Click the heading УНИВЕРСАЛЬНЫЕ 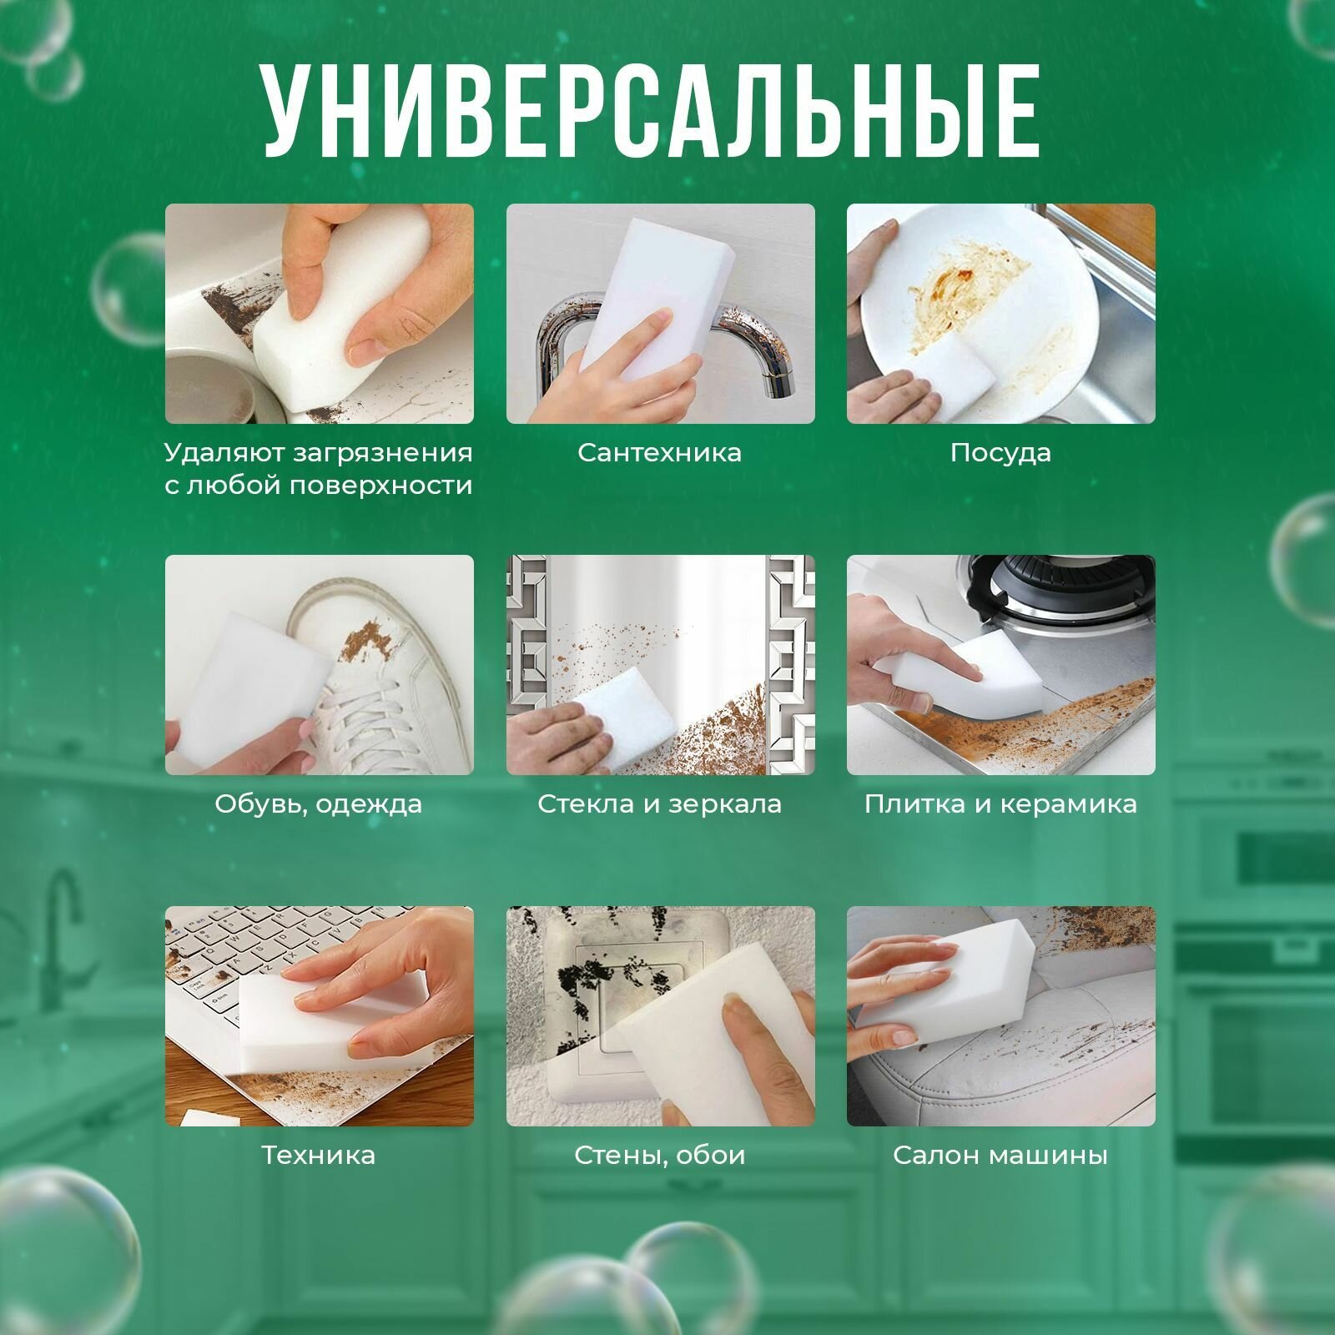point(651,108)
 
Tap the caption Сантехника point(659,453)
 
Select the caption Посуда point(1000,453)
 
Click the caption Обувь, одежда point(318,804)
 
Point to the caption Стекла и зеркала point(659,804)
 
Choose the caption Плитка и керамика point(1000,804)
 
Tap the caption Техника point(318,1156)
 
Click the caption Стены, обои point(659,1156)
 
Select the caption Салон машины point(1000,1156)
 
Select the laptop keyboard point(242,960)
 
